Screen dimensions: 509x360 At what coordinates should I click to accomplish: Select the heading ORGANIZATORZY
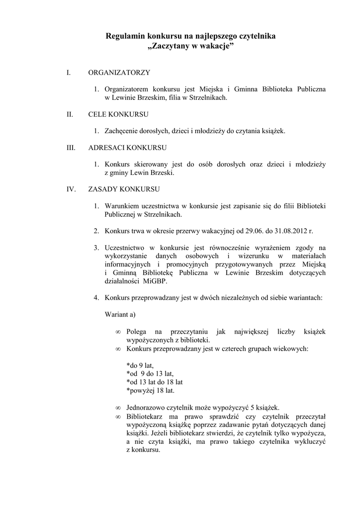coord(119,73)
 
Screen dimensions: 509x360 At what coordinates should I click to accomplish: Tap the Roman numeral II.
coord(70,114)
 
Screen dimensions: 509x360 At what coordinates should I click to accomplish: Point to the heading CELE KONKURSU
coord(118,114)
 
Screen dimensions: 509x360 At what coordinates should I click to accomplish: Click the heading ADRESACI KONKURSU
coord(127,148)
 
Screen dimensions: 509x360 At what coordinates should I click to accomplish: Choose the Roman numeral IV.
coord(71,189)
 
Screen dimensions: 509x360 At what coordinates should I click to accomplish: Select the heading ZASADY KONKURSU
coord(124,189)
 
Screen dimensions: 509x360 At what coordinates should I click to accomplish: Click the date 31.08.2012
coord(290,231)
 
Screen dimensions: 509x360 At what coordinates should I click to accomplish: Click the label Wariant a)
coord(120,315)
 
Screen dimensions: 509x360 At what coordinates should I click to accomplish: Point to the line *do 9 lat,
coord(140,365)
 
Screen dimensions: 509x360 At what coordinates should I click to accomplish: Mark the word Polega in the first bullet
coord(137,332)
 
